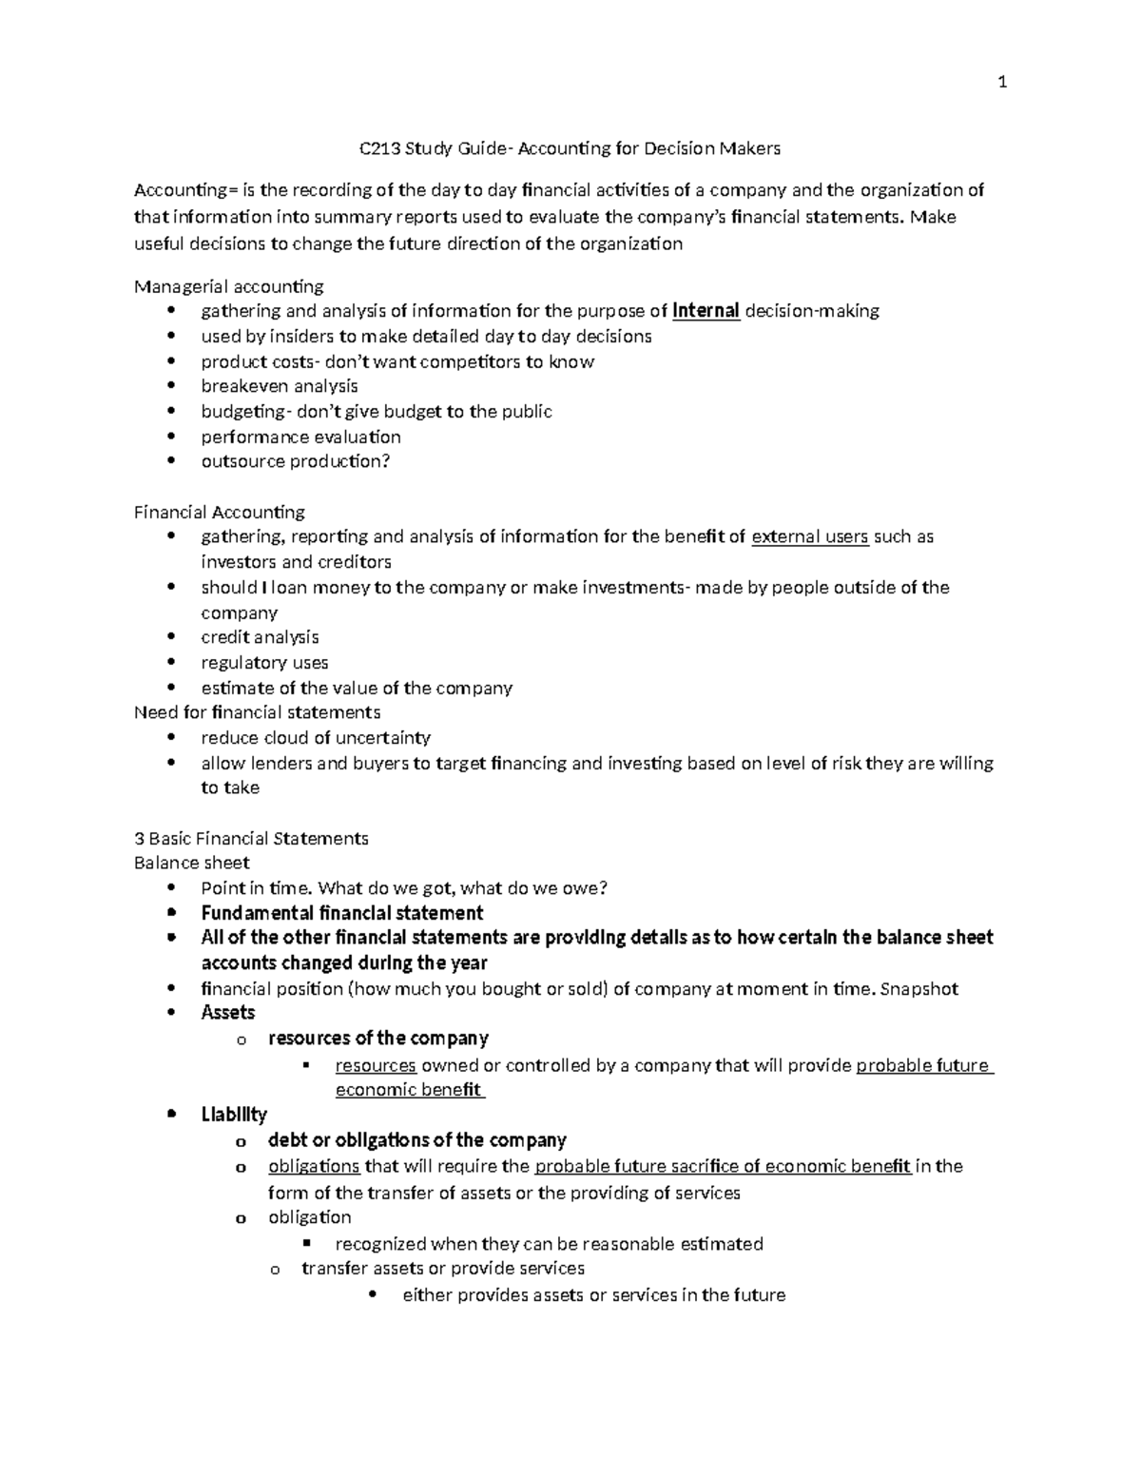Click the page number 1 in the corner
(1001, 83)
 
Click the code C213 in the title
(378, 148)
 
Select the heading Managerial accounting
(228, 286)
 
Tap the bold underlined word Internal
(706, 311)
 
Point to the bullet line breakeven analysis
(279, 386)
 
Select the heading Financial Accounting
(219, 513)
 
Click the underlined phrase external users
(809, 537)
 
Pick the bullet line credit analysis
(260, 637)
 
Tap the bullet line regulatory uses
(264, 663)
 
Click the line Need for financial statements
(257, 712)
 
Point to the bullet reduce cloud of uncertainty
(316, 738)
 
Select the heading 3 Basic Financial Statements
(251, 839)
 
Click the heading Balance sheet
(191, 864)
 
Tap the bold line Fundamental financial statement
(341, 913)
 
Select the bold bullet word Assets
(227, 1013)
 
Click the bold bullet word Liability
(234, 1115)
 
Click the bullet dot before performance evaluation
(171, 437)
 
